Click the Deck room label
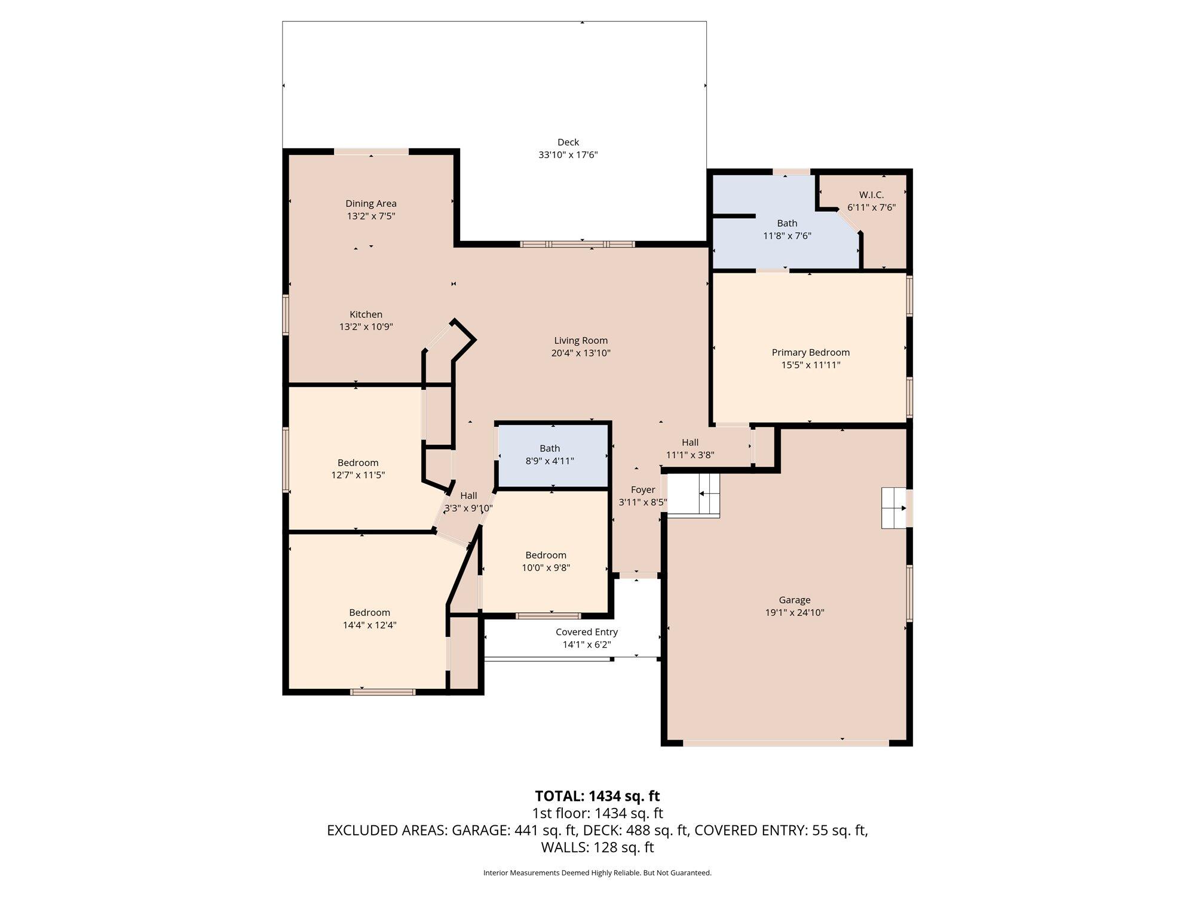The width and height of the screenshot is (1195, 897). pos(568,142)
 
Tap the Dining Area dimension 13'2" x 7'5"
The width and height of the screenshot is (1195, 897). pos(371,216)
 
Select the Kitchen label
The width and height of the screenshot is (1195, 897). pos(366,314)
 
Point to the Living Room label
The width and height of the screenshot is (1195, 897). pos(581,340)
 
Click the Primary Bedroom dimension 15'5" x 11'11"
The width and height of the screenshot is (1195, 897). pos(811,365)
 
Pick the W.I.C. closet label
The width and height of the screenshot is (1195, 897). pos(871,195)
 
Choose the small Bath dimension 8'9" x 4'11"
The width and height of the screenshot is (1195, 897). pos(550,460)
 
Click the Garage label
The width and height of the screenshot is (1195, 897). pos(795,600)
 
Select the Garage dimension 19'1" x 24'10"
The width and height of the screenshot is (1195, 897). pos(795,612)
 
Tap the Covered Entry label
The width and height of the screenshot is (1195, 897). pos(587,632)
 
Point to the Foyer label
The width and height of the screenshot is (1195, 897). pos(643,490)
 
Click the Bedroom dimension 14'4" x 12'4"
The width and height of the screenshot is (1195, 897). pos(370,625)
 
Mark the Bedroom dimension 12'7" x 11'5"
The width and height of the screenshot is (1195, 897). pos(358,475)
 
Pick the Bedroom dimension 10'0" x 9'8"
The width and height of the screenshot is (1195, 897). pos(546,568)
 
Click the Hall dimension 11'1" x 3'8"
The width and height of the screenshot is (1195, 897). pos(690,454)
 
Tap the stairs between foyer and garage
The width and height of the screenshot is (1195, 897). pos(694,495)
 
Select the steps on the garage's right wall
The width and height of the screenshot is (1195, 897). pos(894,508)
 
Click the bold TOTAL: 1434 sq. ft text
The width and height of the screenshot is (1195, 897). pos(597,796)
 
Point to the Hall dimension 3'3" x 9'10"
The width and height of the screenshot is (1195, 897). pos(468,508)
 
